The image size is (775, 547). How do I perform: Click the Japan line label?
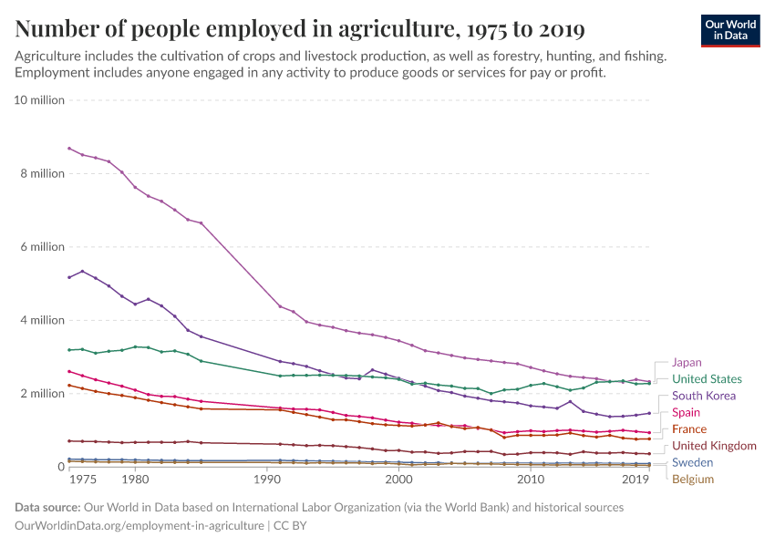click(x=687, y=362)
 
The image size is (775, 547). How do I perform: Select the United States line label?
click(x=707, y=378)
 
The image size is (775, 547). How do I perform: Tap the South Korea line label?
click(x=703, y=396)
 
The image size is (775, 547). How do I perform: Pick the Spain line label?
click(x=686, y=412)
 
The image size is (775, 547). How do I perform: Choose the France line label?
click(x=688, y=428)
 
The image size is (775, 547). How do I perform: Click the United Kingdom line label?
click(x=714, y=446)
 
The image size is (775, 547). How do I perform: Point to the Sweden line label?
click(x=693, y=462)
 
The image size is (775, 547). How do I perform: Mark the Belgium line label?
click(x=692, y=479)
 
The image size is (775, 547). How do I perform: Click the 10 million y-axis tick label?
click(x=40, y=100)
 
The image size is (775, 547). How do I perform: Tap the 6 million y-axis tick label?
click(x=43, y=247)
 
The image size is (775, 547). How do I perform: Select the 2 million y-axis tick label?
click(x=43, y=393)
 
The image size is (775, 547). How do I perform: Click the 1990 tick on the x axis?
click(x=267, y=479)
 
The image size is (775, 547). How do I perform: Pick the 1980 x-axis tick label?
click(x=135, y=479)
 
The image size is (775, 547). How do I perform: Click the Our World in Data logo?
click(x=730, y=30)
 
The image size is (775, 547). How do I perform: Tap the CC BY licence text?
click(x=294, y=525)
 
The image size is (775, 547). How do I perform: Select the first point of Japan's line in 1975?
click(x=69, y=148)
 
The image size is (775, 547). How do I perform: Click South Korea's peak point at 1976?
click(x=82, y=271)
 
